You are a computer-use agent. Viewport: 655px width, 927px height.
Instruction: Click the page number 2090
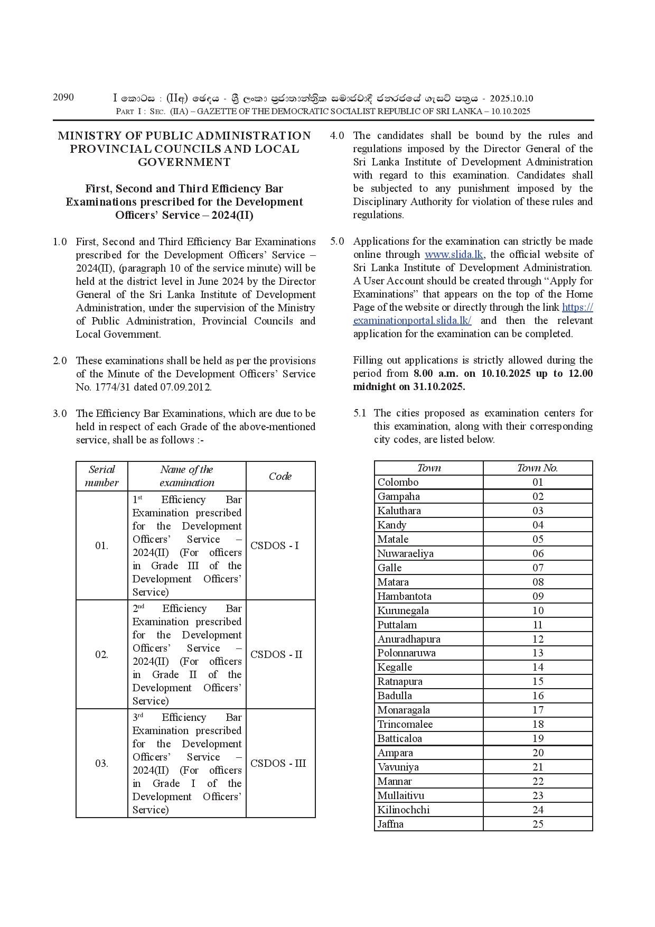tap(63, 97)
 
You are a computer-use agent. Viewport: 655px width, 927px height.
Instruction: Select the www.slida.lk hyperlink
tap(454, 254)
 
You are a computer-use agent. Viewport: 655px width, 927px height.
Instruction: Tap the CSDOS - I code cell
tap(275, 545)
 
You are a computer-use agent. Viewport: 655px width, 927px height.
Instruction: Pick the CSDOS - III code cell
tap(278, 763)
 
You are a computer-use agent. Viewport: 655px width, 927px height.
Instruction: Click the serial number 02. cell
tap(101, 654)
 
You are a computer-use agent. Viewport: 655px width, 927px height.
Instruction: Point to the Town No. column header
tap(537, 468)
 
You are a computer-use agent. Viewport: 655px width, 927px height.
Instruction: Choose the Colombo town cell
tap(398, 482)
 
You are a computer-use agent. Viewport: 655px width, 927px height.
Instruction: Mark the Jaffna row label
tap(390, 824)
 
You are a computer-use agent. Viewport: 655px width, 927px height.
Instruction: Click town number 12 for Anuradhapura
tap(538, 639)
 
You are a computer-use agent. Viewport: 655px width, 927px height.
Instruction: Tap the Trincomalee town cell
tap(405, 724)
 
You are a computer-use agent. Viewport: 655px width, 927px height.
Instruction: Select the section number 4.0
tap(337, 135)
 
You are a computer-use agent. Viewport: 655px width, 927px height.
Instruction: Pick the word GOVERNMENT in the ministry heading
tap(184, 162)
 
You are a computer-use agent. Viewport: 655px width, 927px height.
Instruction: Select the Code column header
tap(280, 476)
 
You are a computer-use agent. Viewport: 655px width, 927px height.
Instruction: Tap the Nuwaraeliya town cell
tap(405, 553)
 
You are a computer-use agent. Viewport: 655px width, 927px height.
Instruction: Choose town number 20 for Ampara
tap(538, 753)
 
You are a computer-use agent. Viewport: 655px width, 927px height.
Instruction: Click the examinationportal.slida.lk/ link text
tap(413, 320)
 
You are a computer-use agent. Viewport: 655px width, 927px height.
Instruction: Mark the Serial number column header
tap(101, 476)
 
